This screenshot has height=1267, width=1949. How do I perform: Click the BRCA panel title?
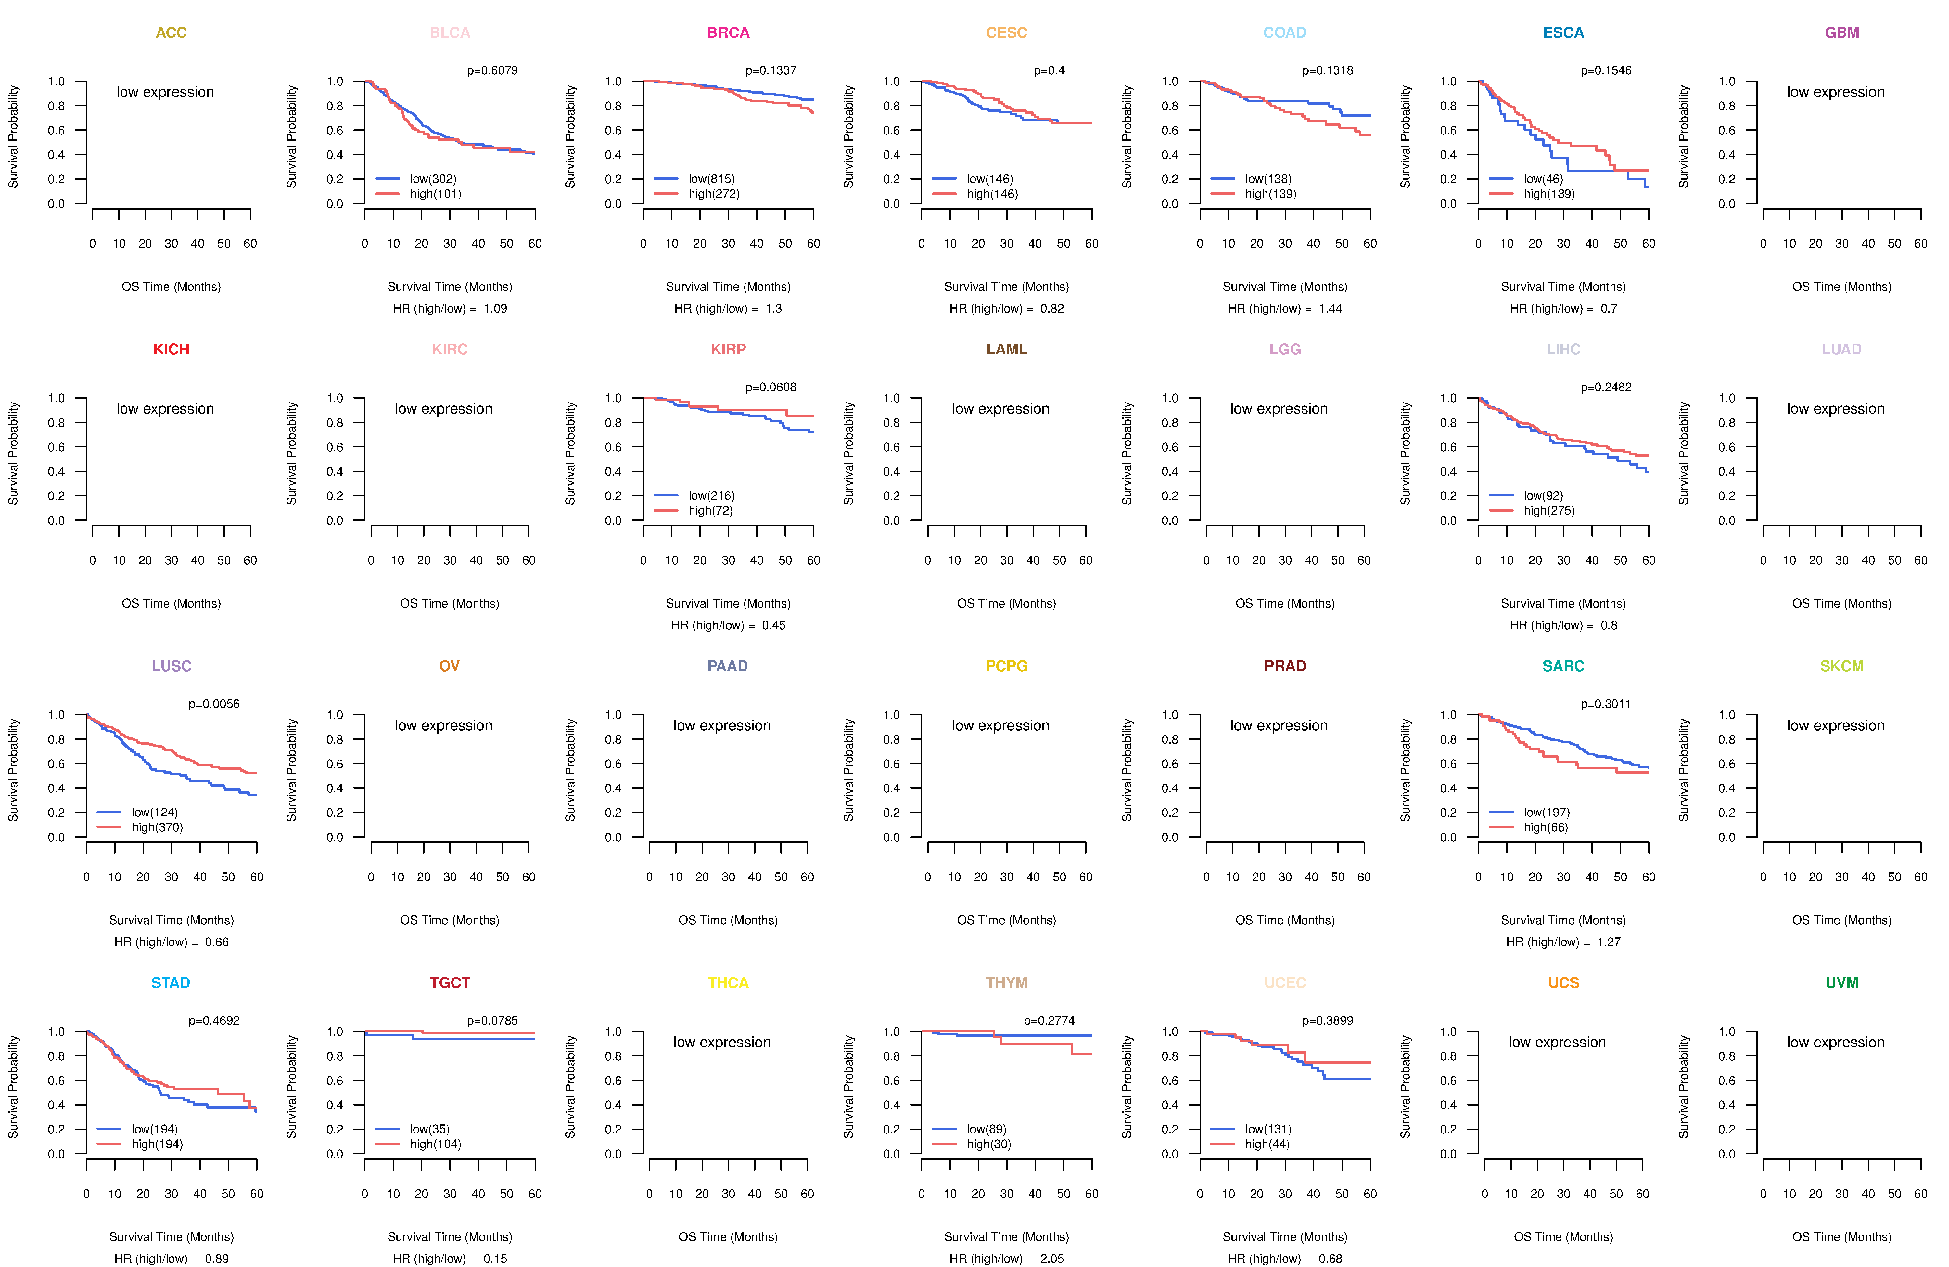click(728, 33)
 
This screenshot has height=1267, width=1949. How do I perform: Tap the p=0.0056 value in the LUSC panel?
click(214, 704)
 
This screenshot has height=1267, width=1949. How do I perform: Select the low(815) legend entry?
click(711, 179)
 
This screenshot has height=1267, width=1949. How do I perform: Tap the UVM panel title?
click(1842, 983)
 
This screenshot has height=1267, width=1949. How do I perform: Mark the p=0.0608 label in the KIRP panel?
click(771, 387)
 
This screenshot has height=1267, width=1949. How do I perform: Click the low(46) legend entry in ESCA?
click(1543, 179)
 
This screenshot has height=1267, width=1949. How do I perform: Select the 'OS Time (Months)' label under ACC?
click(171, 287)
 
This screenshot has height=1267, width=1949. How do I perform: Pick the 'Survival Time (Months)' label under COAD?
click(1285, 287)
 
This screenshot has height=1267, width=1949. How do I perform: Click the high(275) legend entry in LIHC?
click(1548, 510)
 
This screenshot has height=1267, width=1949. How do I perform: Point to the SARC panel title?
click(1563, 666)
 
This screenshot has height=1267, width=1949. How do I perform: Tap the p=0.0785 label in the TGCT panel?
click(492, 1020)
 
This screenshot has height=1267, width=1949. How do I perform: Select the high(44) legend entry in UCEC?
click(1267, 1144)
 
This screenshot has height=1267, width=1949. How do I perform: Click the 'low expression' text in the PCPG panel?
click(1000, 726)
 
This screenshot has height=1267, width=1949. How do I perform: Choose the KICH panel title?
click(171, 350)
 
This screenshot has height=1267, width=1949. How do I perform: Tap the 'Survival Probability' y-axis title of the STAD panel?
click(13, 1087)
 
